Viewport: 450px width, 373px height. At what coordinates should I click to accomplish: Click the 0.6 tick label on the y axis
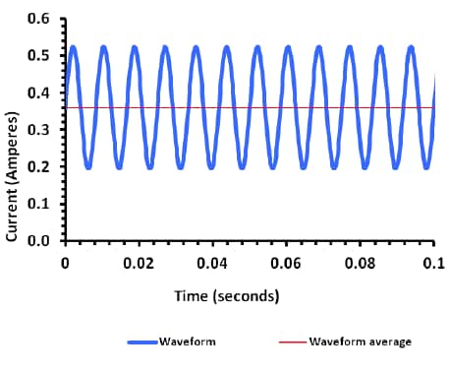pyautogui.click(x=40, y=19)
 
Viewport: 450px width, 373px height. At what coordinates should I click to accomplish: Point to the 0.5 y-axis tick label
pyautogui.click(x=40, y=55)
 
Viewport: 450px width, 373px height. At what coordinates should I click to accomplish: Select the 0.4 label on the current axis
pyautogui.click(x=40, y=93)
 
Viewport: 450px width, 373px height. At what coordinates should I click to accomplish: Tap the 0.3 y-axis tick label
pyautogui.click(x=40, y=129)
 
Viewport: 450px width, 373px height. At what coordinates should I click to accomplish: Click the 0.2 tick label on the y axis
pyautogui.click(x=40, y=166)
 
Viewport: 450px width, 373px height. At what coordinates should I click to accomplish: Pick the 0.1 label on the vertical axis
pyautogui.click(x=40, y=203)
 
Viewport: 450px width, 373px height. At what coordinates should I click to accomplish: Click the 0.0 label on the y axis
pyautogui.click(x=40, y=240)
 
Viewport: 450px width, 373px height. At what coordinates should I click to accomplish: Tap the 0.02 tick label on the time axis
pyautogui.click(x=139, y=263)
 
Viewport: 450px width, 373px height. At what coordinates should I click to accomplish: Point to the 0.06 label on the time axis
pyautogui.click(x=286, y=263)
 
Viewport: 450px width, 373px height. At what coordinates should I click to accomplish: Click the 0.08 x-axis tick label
pyautogui.click(x=360, y=263)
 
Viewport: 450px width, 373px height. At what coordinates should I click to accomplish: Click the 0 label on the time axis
pyautogui.click(x=65, y=263)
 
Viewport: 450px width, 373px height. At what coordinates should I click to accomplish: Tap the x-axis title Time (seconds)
pyautogui.click(x=226, y=295)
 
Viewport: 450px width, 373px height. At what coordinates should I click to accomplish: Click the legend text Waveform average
pyautogui.click(x=360, y=342)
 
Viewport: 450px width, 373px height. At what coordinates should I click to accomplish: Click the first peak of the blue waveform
pyautogui.click(x=73, y=47)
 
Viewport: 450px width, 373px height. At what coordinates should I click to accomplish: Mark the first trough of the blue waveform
pyautogui.click(x=88, y=166)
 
